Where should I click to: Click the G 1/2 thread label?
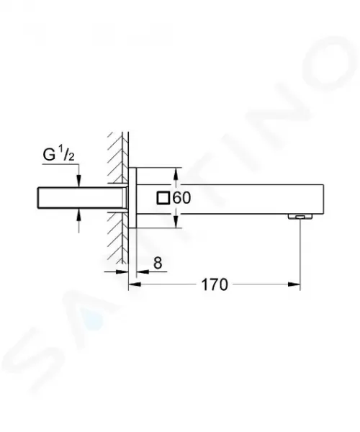click(x=58, y=155)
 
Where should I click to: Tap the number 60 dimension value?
click(x=181, y=198)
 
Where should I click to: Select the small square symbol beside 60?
click(x=163, y=198)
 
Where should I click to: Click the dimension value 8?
click(x=158, y=263)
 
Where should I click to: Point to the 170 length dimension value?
click(x=215, y=284)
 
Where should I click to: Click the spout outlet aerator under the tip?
click(x=300, y=217)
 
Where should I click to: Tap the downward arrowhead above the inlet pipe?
click(x=79, y=181)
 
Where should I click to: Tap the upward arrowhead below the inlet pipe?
click(x=79, y=215)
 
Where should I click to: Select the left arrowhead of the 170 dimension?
click(x=135, y=284)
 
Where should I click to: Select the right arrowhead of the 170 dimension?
click(x=294, y=284)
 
